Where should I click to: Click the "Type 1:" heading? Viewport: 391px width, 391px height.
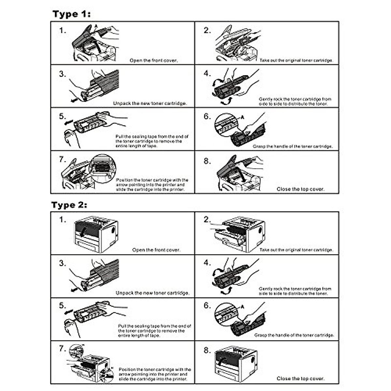(71, 14)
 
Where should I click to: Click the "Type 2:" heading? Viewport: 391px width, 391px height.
(69, 205)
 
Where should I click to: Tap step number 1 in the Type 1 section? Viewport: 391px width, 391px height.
(62, 31)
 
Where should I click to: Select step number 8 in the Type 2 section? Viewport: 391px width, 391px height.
(207, 351)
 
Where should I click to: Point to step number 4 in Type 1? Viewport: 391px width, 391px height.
(207, 74)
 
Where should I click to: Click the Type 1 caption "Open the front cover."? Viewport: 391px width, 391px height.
(153, 61)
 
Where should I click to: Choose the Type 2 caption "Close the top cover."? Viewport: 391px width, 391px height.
(300, 379)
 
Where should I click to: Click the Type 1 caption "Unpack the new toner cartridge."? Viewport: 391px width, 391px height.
(150, 104)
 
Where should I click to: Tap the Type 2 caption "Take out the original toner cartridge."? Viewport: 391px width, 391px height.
(296, 250)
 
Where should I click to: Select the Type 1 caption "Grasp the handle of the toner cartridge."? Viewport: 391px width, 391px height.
(293, 147)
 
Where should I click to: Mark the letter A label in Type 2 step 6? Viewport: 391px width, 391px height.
(242, 307)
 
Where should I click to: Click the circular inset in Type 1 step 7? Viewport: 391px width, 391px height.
(103, 168)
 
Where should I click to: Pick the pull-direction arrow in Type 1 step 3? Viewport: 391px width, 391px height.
(74, 99)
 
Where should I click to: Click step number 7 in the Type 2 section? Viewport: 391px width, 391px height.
(62, 349)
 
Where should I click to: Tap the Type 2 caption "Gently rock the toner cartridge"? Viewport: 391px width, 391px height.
(295, 291)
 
